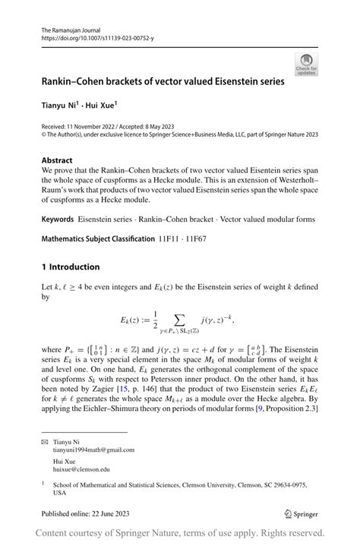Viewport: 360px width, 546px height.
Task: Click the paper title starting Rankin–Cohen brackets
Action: point(163,80)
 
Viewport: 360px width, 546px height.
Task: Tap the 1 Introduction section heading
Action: point(71,267)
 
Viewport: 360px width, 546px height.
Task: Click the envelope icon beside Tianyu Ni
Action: point(45,440)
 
